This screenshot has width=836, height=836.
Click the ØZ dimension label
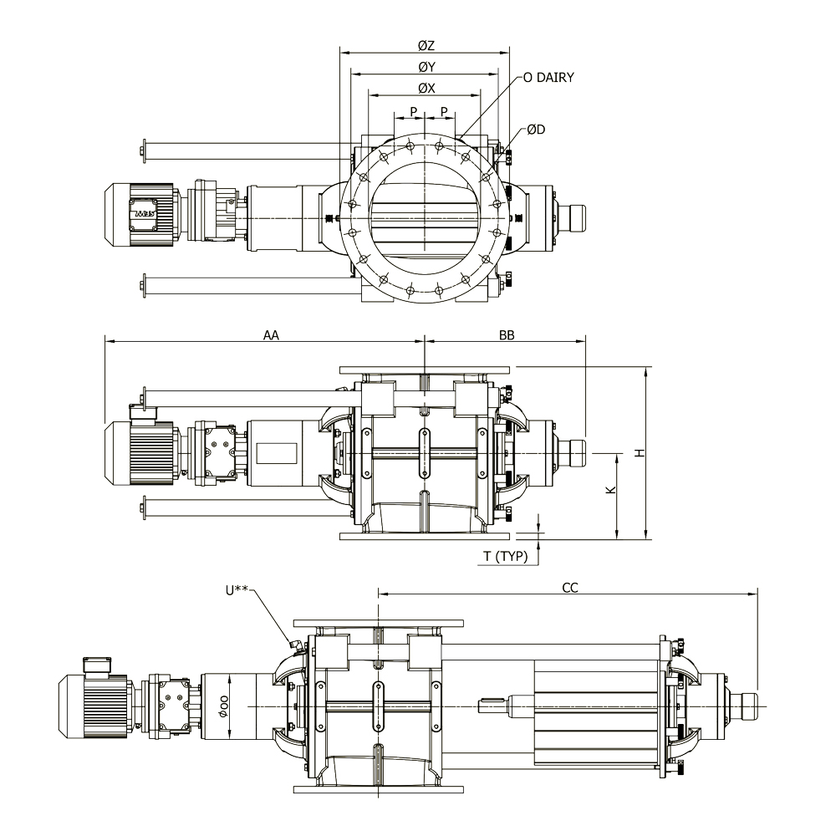pos(426,46)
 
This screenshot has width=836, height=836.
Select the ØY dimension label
pos(426,67)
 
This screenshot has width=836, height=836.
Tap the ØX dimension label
pos(426,89)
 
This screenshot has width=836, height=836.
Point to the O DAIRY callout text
pos(548,78)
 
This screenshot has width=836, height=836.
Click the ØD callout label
pos(536,130)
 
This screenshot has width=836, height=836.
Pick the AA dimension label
pos(272,335)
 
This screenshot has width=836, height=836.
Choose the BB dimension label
pos(507,335)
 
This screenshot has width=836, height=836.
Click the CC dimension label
pos(570,588)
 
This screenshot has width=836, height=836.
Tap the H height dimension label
pos(640,452)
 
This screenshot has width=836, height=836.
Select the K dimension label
pos(612,490)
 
